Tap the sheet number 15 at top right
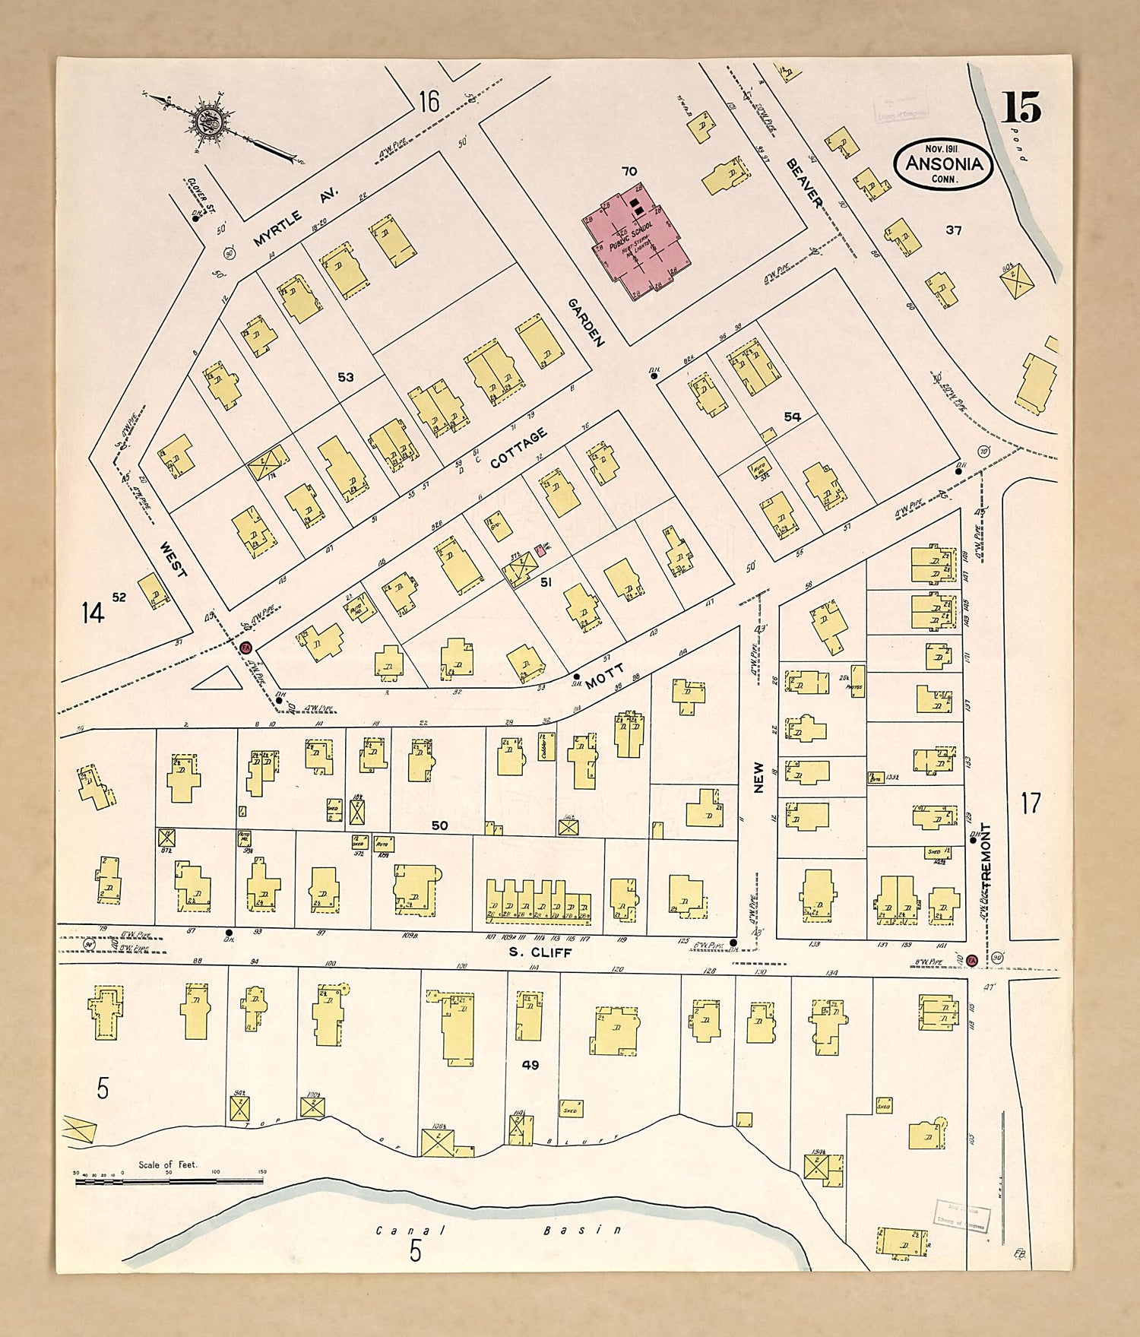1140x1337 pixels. [x=1020, y=108]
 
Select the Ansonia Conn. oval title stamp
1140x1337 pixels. [x=944, y=163]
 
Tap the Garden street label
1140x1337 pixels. [x=586, y=322]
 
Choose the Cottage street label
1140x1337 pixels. [x=518, y=448]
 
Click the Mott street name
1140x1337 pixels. [x=604, y=674]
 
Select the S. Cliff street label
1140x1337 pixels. [x=540, y=952]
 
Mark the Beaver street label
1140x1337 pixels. [x=804, y=182]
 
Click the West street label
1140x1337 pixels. [x=173, y=559]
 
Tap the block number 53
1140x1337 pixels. [x=346, y=377]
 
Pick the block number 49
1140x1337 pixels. [x=530, y=1065]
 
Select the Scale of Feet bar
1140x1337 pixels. [x=169, y=1181]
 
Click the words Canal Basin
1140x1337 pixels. [x=499, y=1230]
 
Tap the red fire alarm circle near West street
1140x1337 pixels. [x=245, y=648]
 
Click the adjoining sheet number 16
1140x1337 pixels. [x=429, y=100]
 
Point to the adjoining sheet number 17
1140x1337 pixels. [x=1030, y=803]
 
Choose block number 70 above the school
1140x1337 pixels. [x=629, y=172]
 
